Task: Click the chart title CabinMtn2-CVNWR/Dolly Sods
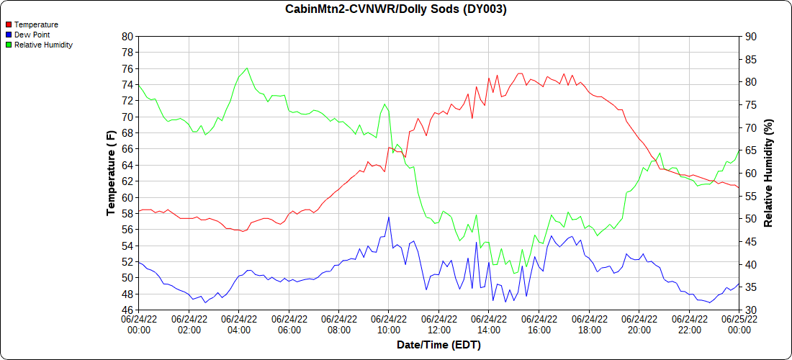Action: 395,9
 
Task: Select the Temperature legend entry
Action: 36,24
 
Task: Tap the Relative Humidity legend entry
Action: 43,45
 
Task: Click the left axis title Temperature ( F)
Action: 111,173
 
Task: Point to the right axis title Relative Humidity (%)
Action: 768,173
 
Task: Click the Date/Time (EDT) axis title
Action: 438,345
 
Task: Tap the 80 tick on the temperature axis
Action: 127,37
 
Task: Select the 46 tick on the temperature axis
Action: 127,310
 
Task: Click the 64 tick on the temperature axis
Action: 127,165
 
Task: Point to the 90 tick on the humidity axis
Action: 750,37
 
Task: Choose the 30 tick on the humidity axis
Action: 750,310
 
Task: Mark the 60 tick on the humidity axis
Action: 750,174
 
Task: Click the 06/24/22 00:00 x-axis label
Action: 139,324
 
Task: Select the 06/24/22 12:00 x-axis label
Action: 438,324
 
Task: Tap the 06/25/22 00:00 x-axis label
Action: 739,324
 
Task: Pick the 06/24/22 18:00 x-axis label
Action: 589,324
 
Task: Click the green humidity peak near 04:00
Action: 247,68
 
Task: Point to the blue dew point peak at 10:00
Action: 389,217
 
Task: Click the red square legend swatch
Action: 9,24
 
